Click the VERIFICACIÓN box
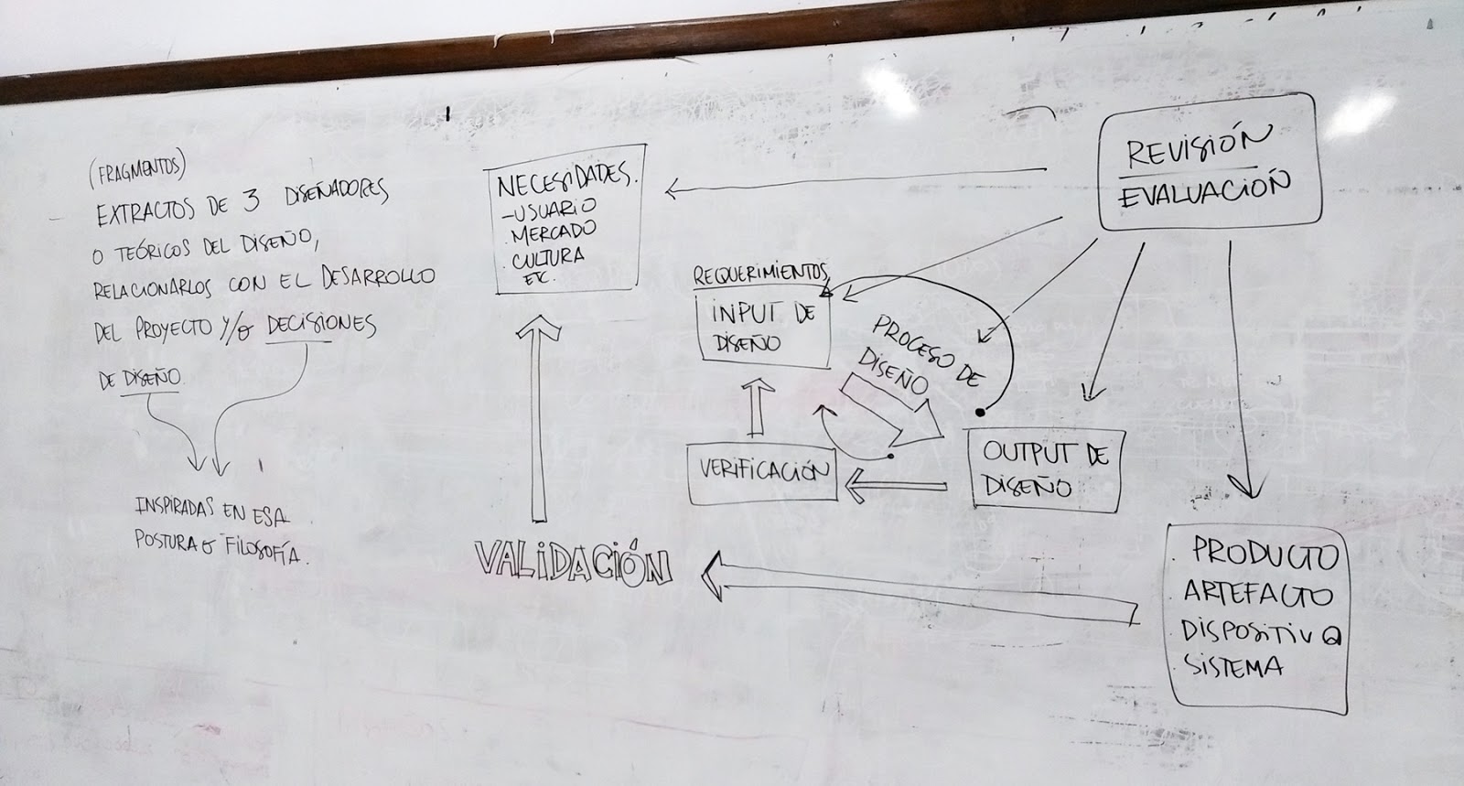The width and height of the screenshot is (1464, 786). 762,472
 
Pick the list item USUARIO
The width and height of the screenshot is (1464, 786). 553,210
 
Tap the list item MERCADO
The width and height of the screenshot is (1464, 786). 554,231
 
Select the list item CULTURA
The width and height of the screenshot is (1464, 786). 548,254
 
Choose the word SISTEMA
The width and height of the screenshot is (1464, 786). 1234,666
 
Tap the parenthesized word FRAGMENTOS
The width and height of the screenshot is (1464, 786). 137,168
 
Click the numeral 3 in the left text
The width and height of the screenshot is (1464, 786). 250,208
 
